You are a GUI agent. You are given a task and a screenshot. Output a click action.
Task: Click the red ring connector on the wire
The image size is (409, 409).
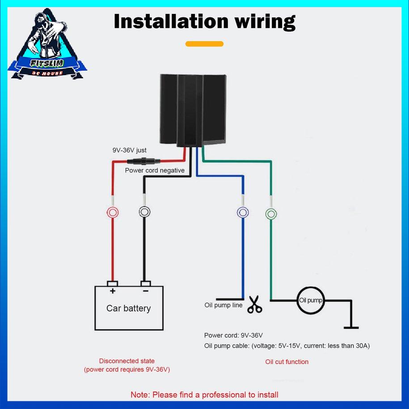tap(112, 212)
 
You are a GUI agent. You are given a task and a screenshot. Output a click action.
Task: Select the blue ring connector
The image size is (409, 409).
tap(243, 213)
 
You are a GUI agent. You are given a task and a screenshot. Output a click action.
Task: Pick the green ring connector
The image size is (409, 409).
tap(271, 214)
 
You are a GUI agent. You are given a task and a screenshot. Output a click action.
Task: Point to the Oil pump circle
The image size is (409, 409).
tap(310, 300)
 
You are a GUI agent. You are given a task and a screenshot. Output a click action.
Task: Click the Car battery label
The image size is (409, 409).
tap(128, 308)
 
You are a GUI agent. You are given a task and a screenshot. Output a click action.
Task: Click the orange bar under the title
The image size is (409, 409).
tap(204, 44)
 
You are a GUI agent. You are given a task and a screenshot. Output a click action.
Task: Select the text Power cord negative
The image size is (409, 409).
tap(148, 170)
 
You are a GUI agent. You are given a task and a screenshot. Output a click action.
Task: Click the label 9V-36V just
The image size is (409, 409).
tap(129, 150)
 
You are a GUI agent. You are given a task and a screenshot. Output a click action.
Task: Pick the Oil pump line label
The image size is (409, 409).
tap(223, 305)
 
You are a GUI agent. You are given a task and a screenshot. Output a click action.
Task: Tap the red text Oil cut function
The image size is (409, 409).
tap(287, 362)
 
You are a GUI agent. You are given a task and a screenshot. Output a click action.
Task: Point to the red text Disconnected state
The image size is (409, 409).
tap(127, 361)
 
